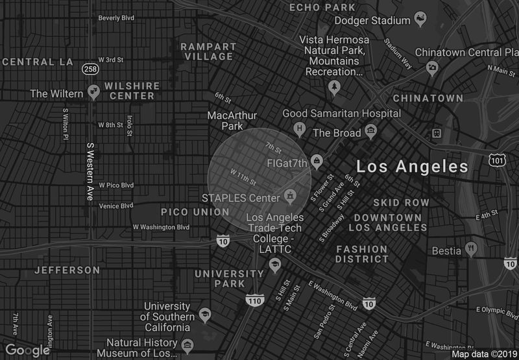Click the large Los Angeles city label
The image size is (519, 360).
click(x=413, y=167)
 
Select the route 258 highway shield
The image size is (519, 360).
click(x=90, y=68)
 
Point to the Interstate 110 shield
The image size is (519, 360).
click(x=254, y=300)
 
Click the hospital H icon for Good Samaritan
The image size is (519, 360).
click(x=299, y=128)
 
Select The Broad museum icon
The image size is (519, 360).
click(x=371, y=132)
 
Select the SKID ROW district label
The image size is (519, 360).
click(x=401, y=202)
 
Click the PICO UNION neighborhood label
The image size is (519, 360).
click(x=195, y=212)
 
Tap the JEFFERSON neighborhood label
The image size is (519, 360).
click(x=67, y=270)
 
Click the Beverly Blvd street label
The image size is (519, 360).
click(x=116, y=18)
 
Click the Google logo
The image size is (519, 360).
click(x=29, y=350)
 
